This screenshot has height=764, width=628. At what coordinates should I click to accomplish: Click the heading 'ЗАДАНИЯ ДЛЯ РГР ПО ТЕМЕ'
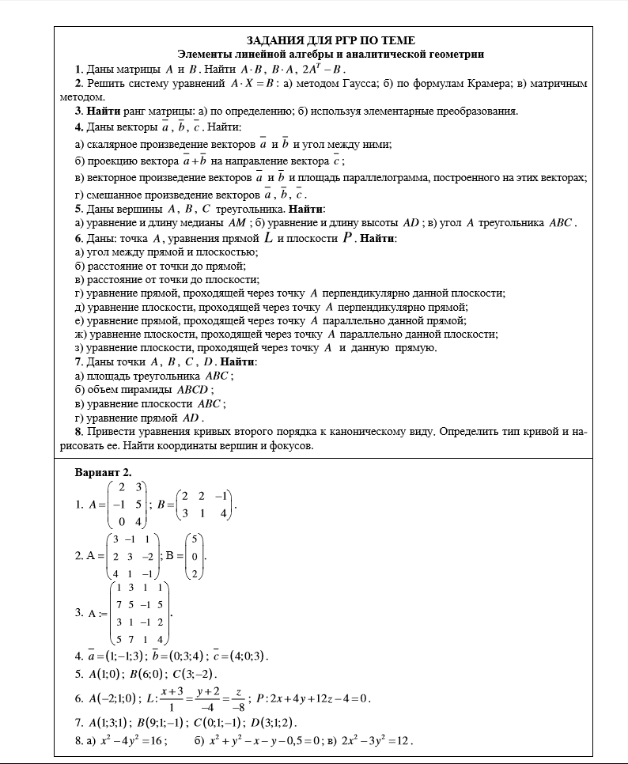(331, 40)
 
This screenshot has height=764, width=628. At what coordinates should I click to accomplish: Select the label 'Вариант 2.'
(103, 472)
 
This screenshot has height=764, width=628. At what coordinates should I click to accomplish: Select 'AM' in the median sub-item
(236, 223)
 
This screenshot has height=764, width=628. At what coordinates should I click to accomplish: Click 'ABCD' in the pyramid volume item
(193, 390)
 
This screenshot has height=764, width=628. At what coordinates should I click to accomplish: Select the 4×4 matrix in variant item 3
(139, 613)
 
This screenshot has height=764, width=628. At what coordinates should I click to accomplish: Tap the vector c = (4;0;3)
(240, 656)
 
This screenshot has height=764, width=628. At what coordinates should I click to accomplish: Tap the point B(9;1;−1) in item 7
(163, 723)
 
